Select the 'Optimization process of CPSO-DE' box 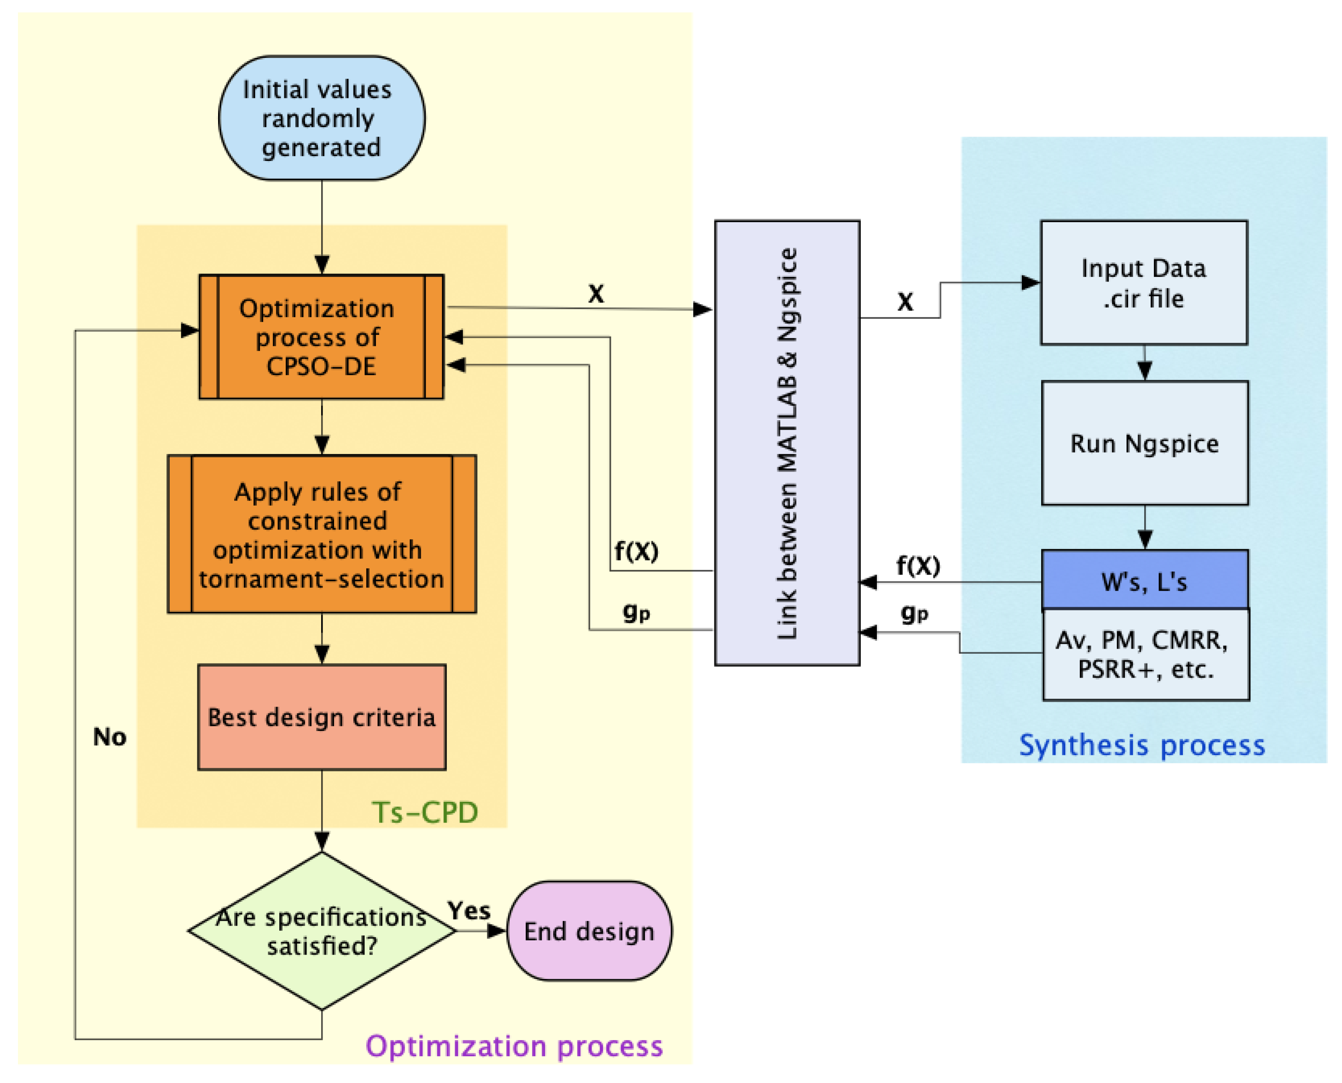[x=321, y=337]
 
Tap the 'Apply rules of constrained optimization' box [x=321, y=535]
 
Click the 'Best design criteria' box [x=321, y=717]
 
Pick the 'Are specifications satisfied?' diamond [x=321, y=931]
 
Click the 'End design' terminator [x=589, y=931]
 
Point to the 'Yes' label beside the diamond [x=469, y=911]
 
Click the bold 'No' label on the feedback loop [x=110, y=737]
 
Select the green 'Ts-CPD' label [x=425, y=813]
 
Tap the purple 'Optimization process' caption [x=513, y=1046]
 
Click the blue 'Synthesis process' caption [x=1142, y=745]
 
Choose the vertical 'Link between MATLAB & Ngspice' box [x=787, y=443]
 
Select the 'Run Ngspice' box [x=1144, y=444]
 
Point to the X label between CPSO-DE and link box [x=596, y=294]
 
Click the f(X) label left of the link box [x=636, y=551]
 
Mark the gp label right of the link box [x=915, y=613]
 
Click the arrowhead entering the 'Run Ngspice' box [x=1144, y=372]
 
